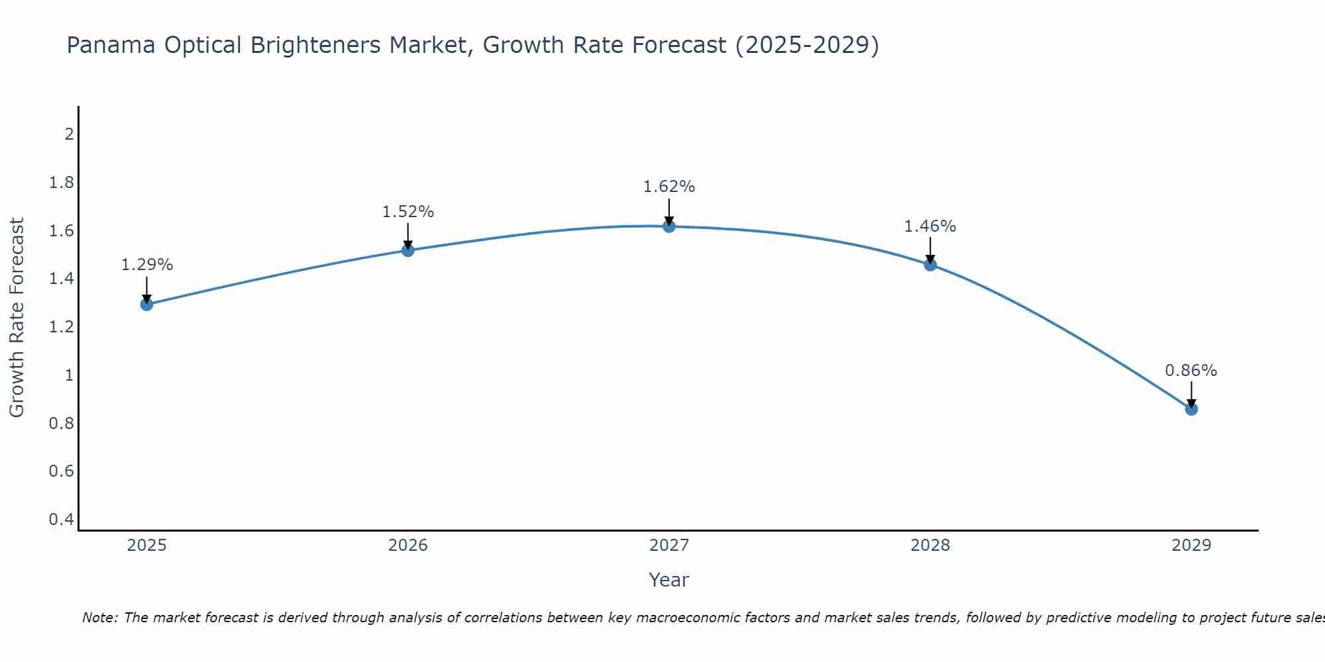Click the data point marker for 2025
pyautogui.click(x=146, y=305)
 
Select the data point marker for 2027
pyautogui.click(x=669, y=226)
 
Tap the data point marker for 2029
pyautogui.click(x=1191, y=409)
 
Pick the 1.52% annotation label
pyautogui.click(x=408, y=212)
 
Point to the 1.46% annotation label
pyautogui.click(x=930, y=226)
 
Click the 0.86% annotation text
pyautogui.click(x=1191, y=371)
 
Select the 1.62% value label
pyautogui.click(x=669, y=187)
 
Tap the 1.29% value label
pyautogui.click(x=147, y=265)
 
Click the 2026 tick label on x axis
pyautogui.click(x=408, y=545)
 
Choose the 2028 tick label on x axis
pyautogui.click(x=930, y=545)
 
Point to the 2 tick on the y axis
pyautogui.click(x=68, y=134)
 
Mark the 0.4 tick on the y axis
pyautogui.click(x=61, y=520)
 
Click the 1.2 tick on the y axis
pyautogui.click(x=61, y=327)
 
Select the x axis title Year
pyautogui.click(x=669, y=580)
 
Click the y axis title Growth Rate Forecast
pyautogui.click(x=17, y=318)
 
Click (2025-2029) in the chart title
pyautogui.click(x=807, y=45)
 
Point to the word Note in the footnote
pyautogui.click(x=99, y=618)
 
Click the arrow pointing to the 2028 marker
pyautogui.click(x=930, y=250)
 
